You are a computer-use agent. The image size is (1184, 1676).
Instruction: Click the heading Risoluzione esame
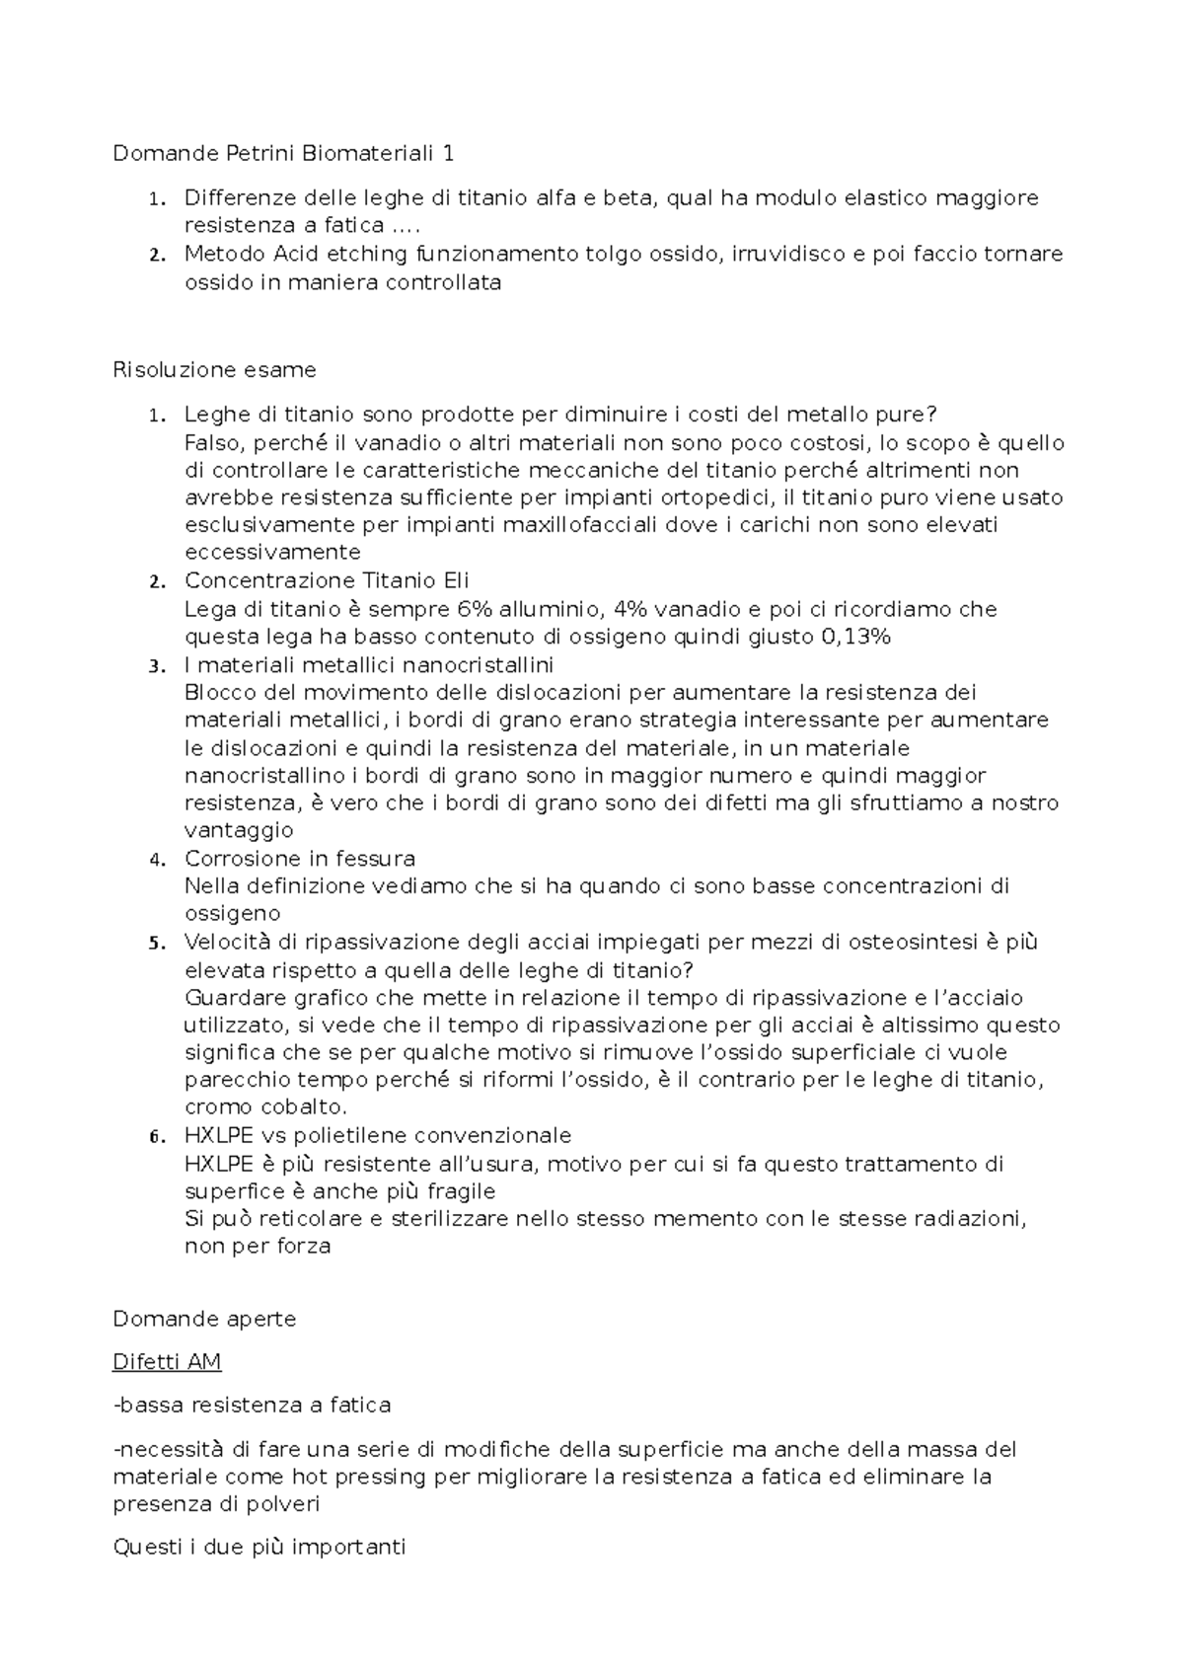[x=214, y=370]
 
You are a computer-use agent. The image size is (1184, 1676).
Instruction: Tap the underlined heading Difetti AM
[x=167, y=1362]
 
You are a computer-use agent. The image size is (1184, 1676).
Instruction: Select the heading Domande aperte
[x=204, y=1319]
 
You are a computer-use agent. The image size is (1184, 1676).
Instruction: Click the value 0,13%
[x=855, y=637]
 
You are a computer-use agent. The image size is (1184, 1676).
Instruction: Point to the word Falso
[x=211, y=442]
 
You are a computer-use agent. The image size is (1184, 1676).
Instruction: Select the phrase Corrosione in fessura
[x=300, y=858]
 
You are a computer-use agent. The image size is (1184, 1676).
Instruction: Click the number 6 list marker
[x=155, y=1137]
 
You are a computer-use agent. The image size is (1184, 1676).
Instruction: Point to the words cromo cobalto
[x=265, y=1107]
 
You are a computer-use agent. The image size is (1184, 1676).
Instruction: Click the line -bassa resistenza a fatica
[x=252, y=1405]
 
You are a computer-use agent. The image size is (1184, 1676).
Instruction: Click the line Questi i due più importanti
[x=259, y=1547]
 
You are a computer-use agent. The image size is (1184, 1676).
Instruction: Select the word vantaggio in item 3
[x=239, y=830]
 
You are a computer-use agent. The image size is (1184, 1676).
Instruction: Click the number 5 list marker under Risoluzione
[x=155, y=943]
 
